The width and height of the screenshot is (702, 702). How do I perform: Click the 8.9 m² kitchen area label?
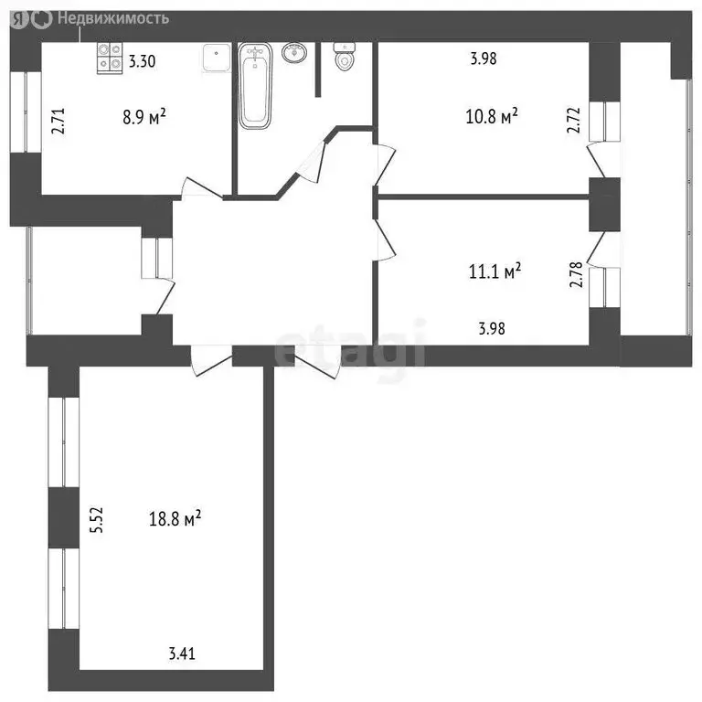click(144, 118)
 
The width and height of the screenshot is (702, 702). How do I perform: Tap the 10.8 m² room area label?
click(492, 116)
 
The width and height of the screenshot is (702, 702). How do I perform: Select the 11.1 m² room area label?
click(495, 271)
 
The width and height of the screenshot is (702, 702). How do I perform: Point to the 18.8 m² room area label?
click(175, 519)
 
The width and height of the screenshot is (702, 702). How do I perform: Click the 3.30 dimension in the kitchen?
click(142, 61)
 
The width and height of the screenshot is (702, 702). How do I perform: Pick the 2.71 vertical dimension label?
click(58, 121)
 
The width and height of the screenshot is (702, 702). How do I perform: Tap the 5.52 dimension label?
click(96, 520)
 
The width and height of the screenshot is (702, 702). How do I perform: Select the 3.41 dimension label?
click(182, 654)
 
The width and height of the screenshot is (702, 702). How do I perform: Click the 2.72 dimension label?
click(573, 120)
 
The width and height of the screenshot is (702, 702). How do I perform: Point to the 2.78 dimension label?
click(576, 274)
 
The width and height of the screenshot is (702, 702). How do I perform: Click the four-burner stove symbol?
click(110, 58)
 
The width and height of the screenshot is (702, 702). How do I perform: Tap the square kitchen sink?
click(217, 58)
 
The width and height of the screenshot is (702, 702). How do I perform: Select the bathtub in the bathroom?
click(255, 87)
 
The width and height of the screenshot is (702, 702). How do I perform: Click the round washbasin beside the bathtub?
click(294, 53)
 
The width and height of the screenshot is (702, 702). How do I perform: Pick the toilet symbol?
click(345, 57)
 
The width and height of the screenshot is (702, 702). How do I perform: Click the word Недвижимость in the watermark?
click(113, 18)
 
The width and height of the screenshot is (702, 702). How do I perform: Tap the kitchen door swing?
click(201, 188)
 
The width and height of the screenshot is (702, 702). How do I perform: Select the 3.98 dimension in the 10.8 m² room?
click(484, 58)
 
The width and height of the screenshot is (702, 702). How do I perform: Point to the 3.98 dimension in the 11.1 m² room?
click(492, 329)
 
